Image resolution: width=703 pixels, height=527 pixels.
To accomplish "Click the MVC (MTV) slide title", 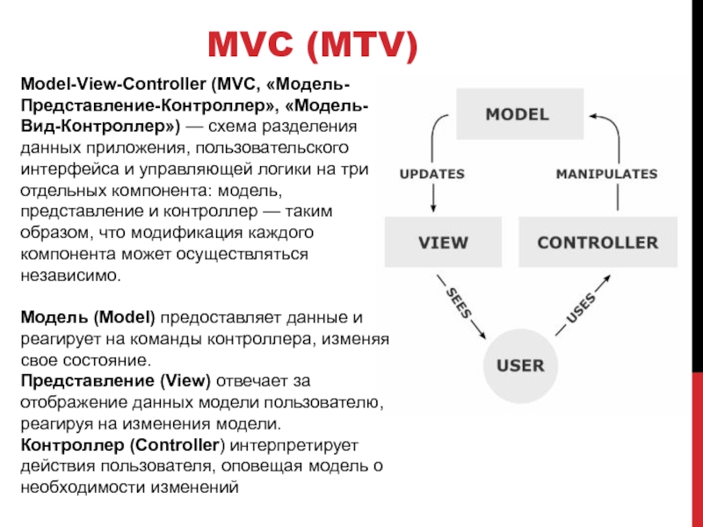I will tap(312, 45).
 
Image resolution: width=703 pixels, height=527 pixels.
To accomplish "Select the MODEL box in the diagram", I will tap(518, 114).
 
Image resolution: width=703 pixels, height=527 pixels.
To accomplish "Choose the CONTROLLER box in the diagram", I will tap(598, 242).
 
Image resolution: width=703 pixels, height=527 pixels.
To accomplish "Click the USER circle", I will tap(520, 365).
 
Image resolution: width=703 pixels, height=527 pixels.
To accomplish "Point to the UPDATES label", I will tap(431, 173).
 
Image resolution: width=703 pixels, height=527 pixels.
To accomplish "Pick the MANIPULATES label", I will tap(606, 173).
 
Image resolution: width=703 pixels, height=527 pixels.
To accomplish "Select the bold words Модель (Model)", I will tap(87, 316).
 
